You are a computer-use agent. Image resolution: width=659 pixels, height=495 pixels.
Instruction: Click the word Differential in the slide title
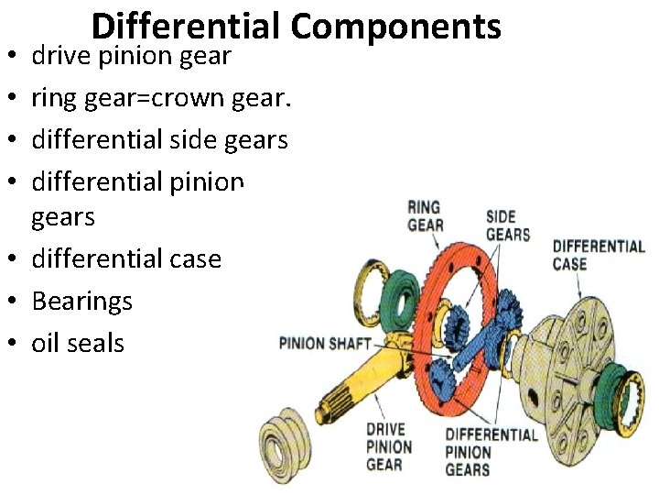(187, 27)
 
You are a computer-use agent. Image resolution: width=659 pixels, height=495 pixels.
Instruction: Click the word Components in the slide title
(396, 27)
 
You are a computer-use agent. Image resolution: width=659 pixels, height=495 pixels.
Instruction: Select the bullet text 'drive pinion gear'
(132, 57)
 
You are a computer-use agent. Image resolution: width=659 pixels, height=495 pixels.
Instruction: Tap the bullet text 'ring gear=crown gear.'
(161, 98)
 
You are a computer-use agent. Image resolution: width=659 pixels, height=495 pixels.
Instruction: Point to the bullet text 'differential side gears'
(160, 140)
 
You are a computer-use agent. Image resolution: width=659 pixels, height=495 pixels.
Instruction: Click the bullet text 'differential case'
(126, 258)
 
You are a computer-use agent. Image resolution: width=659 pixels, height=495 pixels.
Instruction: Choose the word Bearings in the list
(82, 301)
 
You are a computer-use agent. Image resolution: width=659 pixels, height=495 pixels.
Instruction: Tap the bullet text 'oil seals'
(78, 343)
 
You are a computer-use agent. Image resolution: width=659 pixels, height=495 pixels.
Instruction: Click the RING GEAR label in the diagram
(425, 216)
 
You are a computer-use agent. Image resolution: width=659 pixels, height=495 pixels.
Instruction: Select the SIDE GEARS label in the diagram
(507, 225)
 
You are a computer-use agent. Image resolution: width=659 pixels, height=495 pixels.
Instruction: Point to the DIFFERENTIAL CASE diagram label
(599, 255)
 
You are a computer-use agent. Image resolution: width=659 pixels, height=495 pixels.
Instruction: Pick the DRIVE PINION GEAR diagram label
(389, 446)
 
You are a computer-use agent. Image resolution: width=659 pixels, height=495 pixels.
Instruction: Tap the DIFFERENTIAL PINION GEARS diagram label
(490, 451)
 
